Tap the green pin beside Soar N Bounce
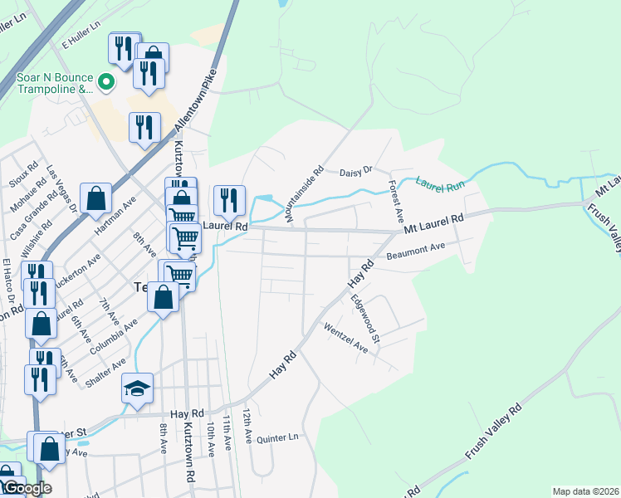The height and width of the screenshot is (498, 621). coord(105,82)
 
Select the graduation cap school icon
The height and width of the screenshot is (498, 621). coord(137,388)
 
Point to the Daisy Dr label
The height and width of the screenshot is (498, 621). coord(358,173)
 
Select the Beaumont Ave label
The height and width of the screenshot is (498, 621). coord(421,248)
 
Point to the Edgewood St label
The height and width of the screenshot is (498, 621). coord(364,320)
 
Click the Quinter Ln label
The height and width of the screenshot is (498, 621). coord(276,437)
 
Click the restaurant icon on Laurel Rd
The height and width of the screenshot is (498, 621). coord(229,199)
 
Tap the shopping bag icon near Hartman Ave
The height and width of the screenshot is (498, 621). coord(96,198)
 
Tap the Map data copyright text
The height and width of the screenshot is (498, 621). coord(585,491)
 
